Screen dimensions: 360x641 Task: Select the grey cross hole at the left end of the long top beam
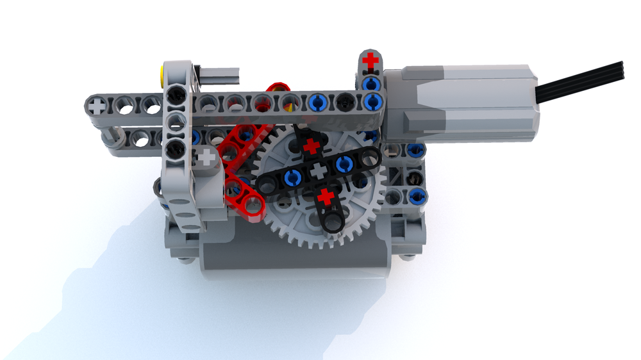pyautogui.click(x=96, y=102)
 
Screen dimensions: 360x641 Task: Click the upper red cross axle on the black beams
pyautogui.click(x=312, y=147)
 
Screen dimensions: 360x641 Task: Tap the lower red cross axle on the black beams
pyautogui.click(x=326, y=197)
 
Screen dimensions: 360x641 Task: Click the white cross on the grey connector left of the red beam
pyautogui.click(x=206, y=156)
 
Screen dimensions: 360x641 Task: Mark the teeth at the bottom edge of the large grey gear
pyautogui.click(x=320, y=247)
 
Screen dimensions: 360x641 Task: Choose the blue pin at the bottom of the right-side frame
pyautogui.click(x=417, y=195)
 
